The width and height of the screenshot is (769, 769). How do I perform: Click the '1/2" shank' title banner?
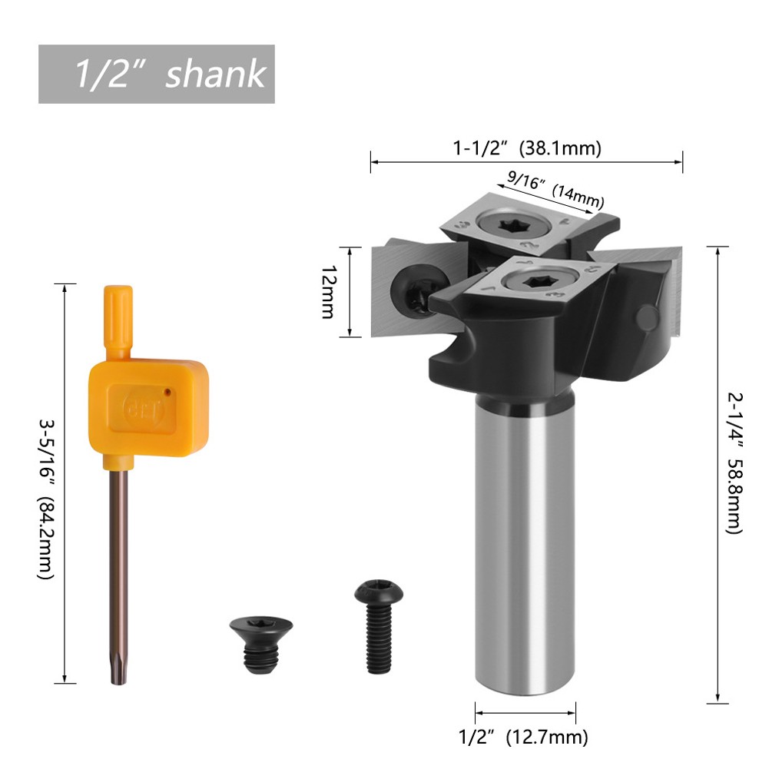pos(157,75)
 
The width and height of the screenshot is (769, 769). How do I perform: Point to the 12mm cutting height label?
pos(329,292)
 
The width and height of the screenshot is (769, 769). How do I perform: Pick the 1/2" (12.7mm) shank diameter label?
pos(524,738)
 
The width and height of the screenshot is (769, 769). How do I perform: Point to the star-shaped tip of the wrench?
pos(120,674)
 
